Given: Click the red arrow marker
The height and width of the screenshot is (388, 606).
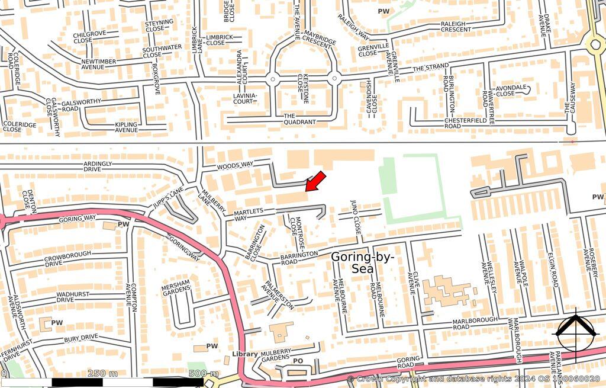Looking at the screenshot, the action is point(315,181).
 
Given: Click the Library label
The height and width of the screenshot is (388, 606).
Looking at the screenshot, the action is point(244,354).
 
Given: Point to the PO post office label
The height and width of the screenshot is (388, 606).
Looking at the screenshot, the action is point(298,361).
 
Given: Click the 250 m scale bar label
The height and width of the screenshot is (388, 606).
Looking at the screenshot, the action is point(102,373).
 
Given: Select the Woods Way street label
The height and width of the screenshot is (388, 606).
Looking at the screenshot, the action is point(235,166).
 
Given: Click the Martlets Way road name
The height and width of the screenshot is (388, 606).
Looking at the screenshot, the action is point(248,215).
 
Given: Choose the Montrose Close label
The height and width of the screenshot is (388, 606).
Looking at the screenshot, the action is point(296,232).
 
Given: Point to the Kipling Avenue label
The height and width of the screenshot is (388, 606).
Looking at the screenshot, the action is point(126,127).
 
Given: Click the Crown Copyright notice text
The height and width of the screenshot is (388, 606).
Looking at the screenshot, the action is point(473,379).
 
